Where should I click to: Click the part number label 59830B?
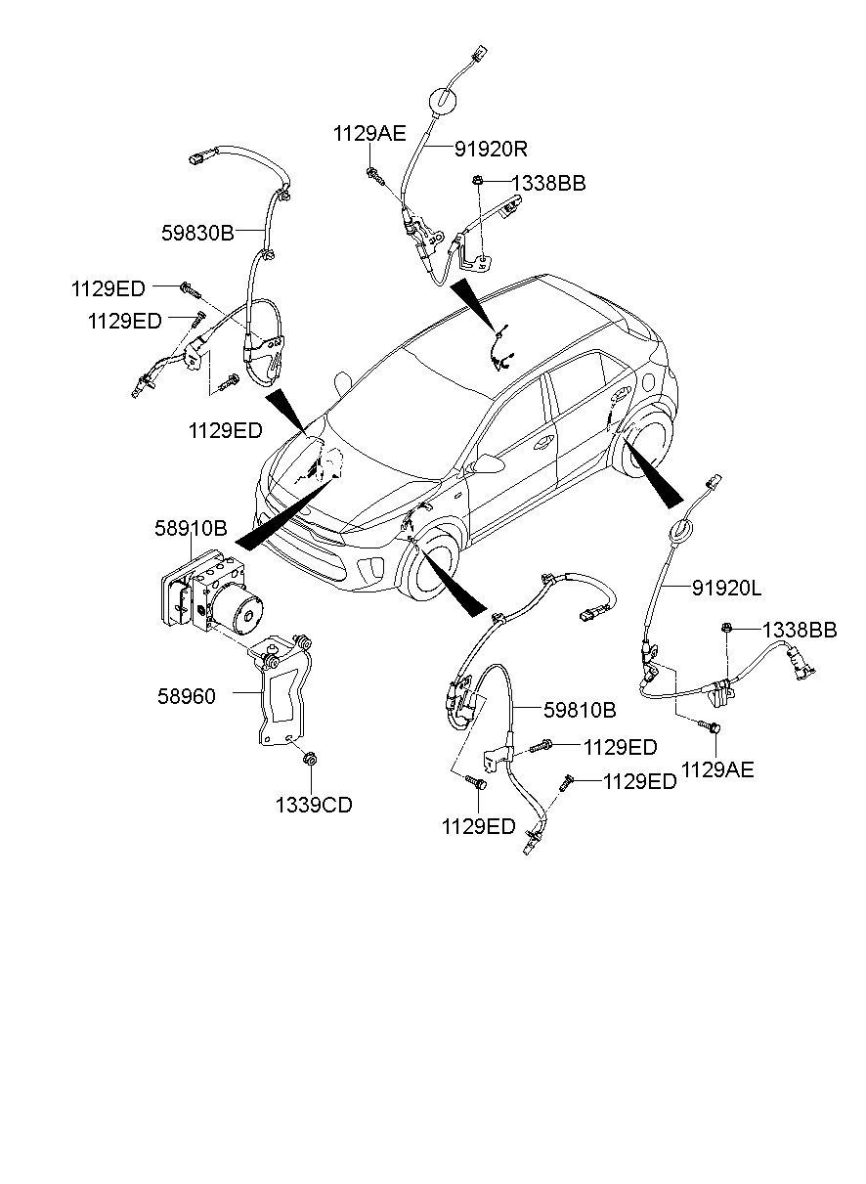click(197, 234)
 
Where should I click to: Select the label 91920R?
click(491, 149)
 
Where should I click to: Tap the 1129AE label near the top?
click(369, 135)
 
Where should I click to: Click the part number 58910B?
click(191, 529)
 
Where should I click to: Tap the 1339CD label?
click(313, 806)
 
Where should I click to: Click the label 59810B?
click(581, 708)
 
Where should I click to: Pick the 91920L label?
click(726, 588)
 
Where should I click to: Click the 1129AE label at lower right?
click(717, 770)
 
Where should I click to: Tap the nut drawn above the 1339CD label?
click(310, 760)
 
